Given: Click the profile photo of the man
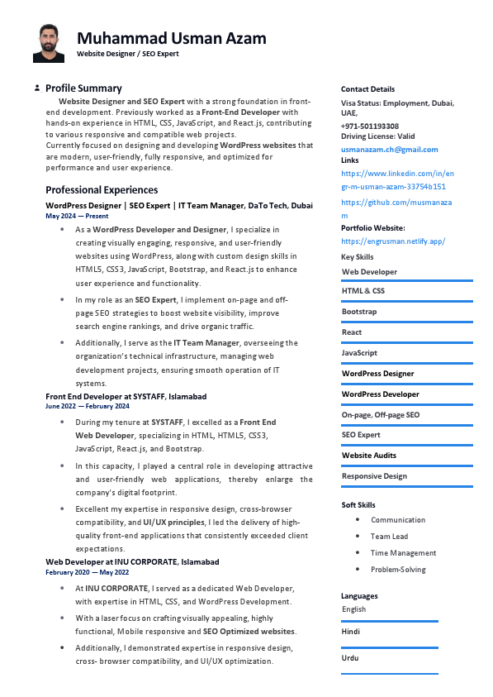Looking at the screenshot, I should click(x=48, y=43).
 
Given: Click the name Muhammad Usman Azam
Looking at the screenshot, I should click(x=172, y=38).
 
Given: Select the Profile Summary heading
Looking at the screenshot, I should click(x=83, y=88).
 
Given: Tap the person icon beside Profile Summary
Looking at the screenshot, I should click(x=37, y=88).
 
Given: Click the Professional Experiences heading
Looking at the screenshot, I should click(x=102, y=189).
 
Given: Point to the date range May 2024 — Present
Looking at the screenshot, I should click(x=77, y=216).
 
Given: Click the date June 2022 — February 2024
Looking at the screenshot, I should click(x=88, y=406).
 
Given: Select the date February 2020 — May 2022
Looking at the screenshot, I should click(x=88, y=572).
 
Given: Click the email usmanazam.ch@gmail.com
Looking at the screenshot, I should click(x=390, y=150).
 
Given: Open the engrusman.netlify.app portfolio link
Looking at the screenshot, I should click(x=393, y=241).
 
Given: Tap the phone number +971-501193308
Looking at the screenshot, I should click(x=370, y=126).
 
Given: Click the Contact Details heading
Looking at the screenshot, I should click(x=367, y=89).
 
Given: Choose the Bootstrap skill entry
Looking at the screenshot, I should click(x=359, y=312).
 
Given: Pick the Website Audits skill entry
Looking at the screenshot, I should click(x=369, y=456).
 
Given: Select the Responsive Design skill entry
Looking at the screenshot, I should click(x=374, y=476).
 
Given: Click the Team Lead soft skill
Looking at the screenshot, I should click(x=389, y=537).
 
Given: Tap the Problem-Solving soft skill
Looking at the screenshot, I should click(x=398, y=570).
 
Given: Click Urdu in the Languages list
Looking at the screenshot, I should click(x=351, y=658).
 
